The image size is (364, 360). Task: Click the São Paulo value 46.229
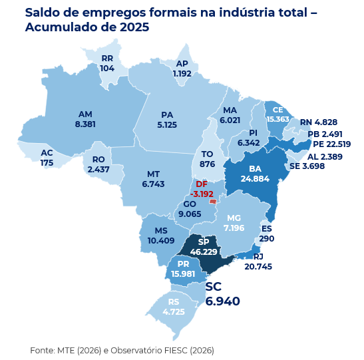point(204,252)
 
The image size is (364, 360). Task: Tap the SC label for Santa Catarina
point(214,287)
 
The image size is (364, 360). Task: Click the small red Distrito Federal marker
point(213,201)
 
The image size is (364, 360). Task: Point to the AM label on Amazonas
point(85,114)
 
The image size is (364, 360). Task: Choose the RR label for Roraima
point(107,59)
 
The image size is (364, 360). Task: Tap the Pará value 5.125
point(167,124)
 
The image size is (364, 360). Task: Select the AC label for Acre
point(47,153)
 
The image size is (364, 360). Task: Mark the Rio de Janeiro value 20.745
point(258,266)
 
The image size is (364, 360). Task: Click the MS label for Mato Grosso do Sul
point(152,230)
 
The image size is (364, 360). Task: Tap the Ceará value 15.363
point(277,119)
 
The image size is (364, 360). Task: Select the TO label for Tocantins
point(207,154)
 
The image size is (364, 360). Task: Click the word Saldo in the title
point(42,12)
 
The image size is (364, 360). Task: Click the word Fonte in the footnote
point(42,350)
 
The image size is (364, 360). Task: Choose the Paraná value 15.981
point(183,274)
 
